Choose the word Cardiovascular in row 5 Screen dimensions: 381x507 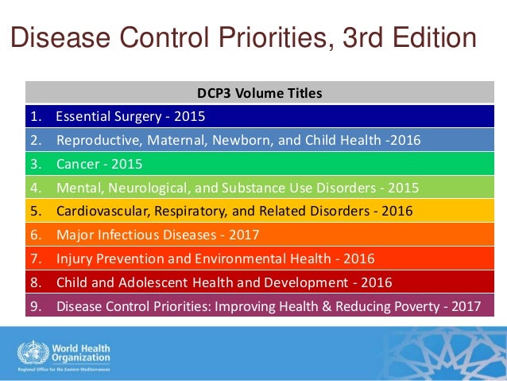98,212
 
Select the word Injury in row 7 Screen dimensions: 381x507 73,259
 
